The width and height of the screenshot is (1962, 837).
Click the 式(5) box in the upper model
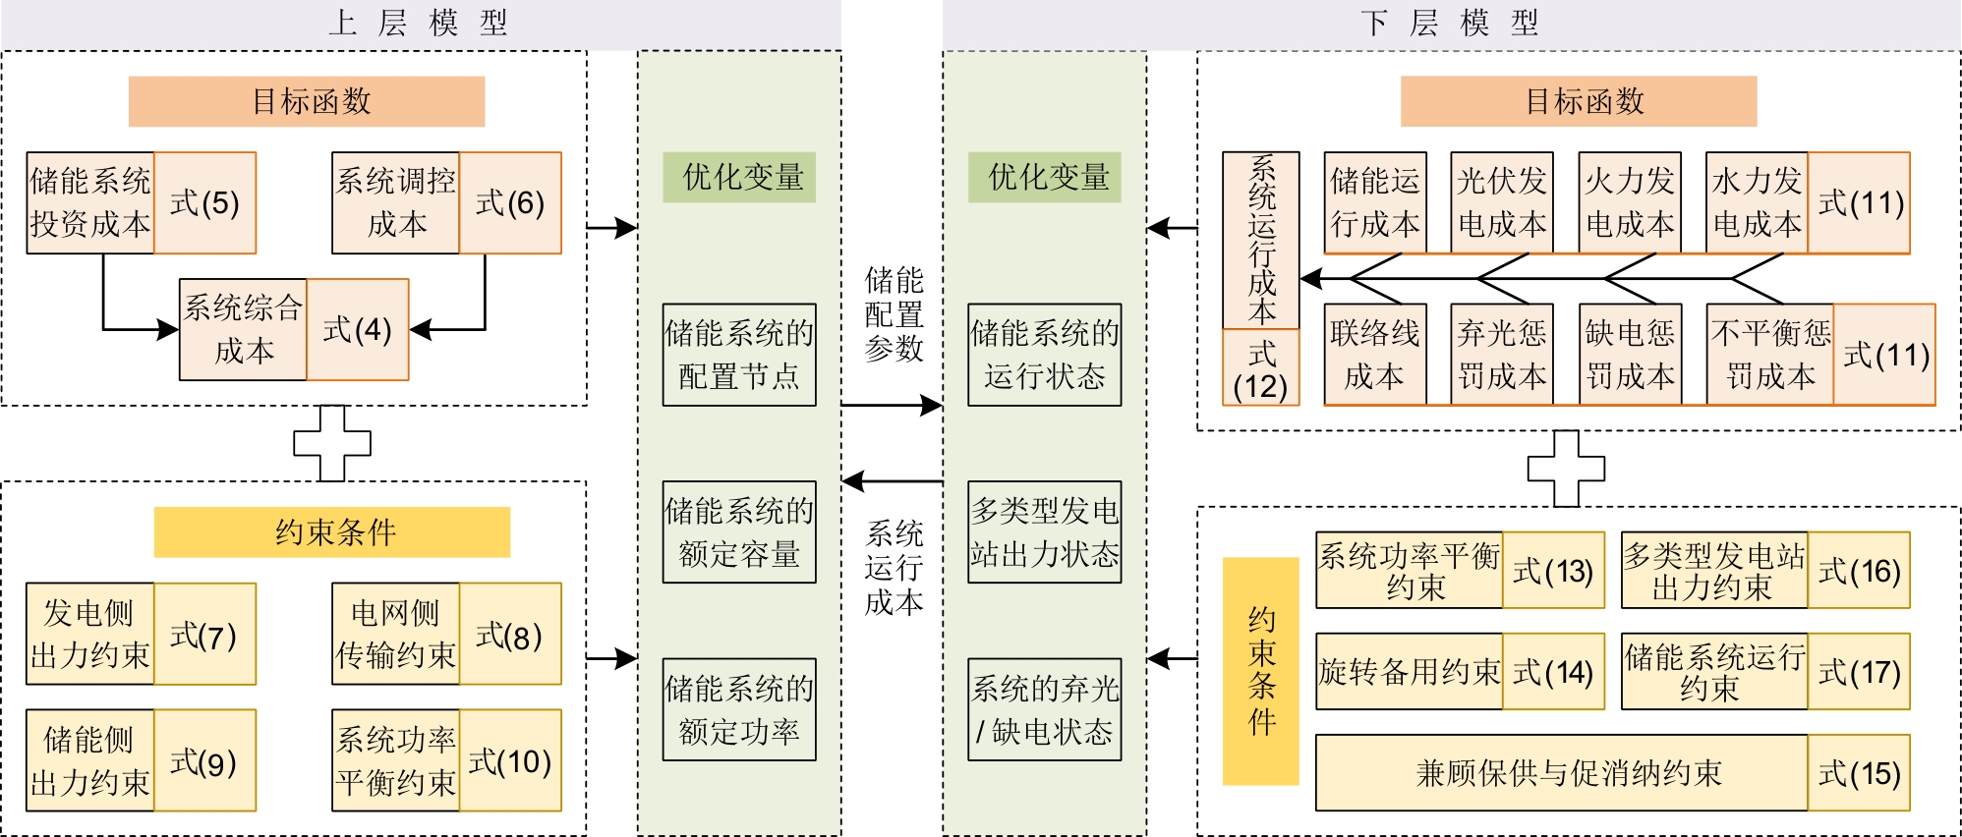[x=204, y=203]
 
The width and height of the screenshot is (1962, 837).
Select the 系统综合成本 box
[x=243, y=329]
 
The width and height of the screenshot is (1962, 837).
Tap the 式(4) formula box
[x=357, y=329]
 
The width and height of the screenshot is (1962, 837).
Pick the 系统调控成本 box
[x=395, y=203]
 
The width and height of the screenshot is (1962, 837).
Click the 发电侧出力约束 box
[x=89, y=634]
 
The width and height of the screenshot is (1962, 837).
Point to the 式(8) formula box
[x=509, y=634]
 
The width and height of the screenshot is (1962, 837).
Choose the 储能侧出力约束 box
[x=89, y=760]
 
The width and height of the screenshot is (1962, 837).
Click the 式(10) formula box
[x=509, y=760]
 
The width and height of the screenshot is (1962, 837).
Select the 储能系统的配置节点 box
[x=739, y=355]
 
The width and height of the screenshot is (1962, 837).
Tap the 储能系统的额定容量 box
[x=739, y=531]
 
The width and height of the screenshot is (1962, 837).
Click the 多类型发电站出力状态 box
[x=1044, y=531]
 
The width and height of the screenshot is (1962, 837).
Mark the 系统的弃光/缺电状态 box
[x=1044, y=709]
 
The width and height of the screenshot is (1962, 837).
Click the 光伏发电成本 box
[x=1502, y=203]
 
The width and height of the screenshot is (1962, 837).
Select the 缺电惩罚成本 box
[x=1629, y=355]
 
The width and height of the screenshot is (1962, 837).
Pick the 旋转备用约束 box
[x=1409, y=672]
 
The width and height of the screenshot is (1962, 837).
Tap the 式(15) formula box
[x=1858, y=773]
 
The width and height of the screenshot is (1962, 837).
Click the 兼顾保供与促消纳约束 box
[x=1561, y=773]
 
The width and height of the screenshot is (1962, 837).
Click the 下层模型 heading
[x=1451, y=23]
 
